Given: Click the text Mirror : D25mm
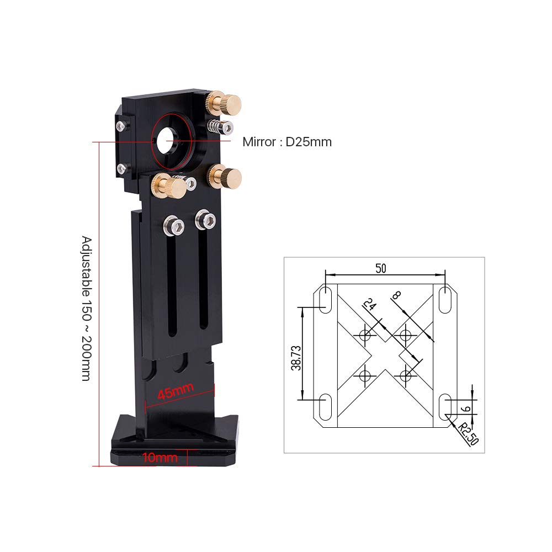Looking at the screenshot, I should [287, 142].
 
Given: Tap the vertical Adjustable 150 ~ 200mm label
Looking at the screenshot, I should [87, 309].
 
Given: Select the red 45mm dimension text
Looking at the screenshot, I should [175, 392].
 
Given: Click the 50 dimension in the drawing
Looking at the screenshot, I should [380, 268].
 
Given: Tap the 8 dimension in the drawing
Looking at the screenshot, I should [396, 296].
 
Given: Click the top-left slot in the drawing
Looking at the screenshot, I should [326, 299].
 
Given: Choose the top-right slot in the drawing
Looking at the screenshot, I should [444, 299].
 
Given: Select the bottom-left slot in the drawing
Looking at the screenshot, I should [326, 407].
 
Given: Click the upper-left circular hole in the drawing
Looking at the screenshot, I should [364, 334].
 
